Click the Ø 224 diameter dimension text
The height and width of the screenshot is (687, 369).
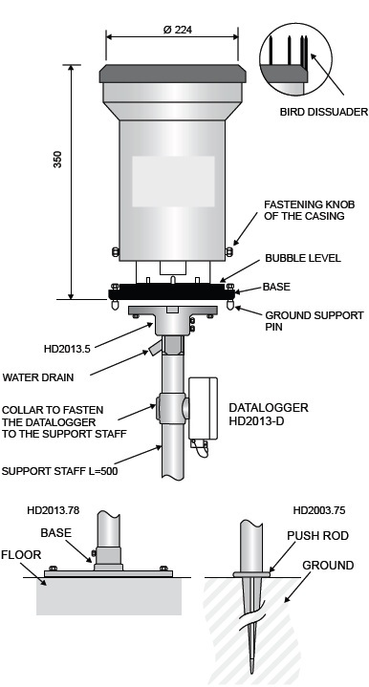(x=178, y=30)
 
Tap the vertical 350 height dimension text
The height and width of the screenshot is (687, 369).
(x=58, y=160)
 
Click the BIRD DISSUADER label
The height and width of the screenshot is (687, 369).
(x=324, y=112)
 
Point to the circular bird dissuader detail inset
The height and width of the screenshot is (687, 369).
(x=295, y=59)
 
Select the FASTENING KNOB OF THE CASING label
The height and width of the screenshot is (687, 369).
(x=309, y=210)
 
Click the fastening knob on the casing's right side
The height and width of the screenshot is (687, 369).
(x=228, y=251)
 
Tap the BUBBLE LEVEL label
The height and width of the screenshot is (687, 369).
(x=303, y=258)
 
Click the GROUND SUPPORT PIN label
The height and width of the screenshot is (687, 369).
(x=315, y=321)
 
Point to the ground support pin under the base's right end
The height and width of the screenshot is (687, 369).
(x=230, y=305)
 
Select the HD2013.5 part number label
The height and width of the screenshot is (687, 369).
(x=67, y=349)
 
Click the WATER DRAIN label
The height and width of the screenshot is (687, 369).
(x=38, y=377)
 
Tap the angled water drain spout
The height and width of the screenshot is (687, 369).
(x=154, y=348)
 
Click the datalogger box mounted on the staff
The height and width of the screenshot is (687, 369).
(x=203, y=408)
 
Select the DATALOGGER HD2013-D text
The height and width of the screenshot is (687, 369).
(x=269, y=414)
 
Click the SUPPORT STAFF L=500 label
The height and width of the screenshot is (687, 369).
(x=59, y=471)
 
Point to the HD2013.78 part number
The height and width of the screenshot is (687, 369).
(x=53, y=510)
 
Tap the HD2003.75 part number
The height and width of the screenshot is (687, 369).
(x=319, y=510)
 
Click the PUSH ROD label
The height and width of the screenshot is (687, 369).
(x=317, y=536)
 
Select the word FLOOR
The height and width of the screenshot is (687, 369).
(x=21, y=555)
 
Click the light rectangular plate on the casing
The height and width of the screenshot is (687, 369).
(x=174, y=182)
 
